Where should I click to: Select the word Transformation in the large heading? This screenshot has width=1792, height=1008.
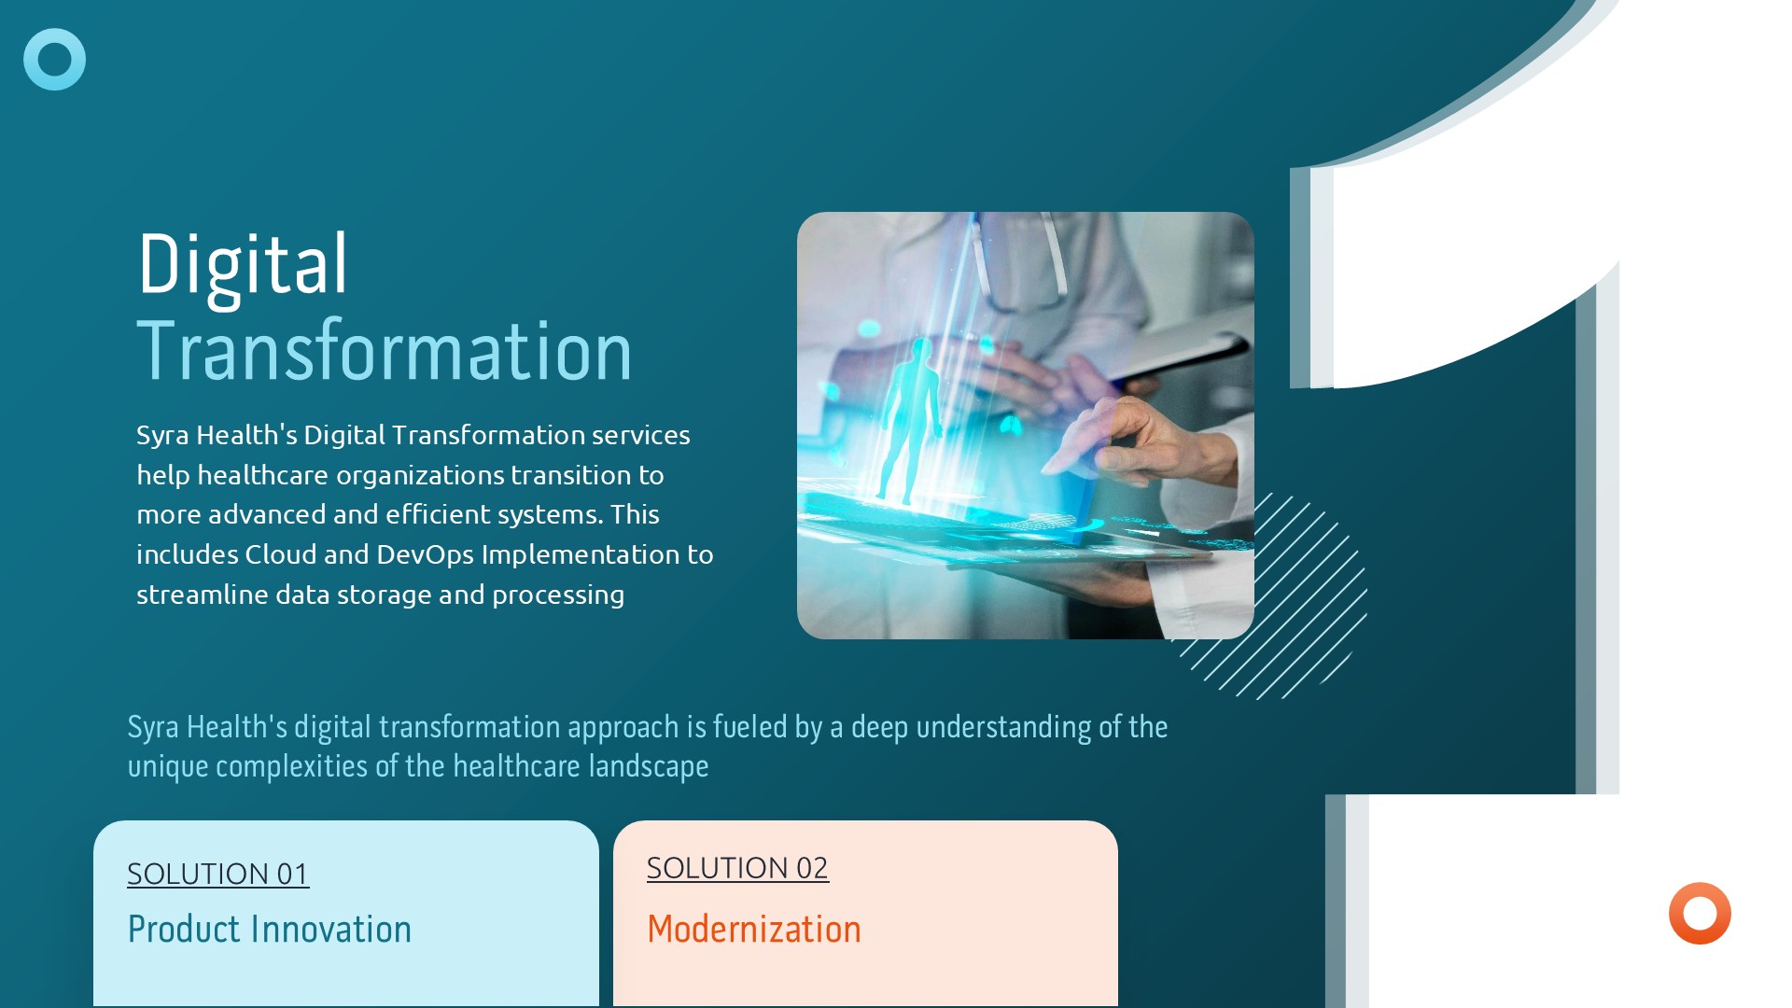point(385,351)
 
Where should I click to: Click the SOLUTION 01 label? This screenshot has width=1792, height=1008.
point(217,874)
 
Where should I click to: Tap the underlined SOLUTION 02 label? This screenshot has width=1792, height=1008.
point(737,868)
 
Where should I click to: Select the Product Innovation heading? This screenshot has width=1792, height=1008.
point(269,929)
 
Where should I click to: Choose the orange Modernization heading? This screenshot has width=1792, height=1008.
point(754,929)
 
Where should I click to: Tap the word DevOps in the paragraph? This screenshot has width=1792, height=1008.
point(425,554)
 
